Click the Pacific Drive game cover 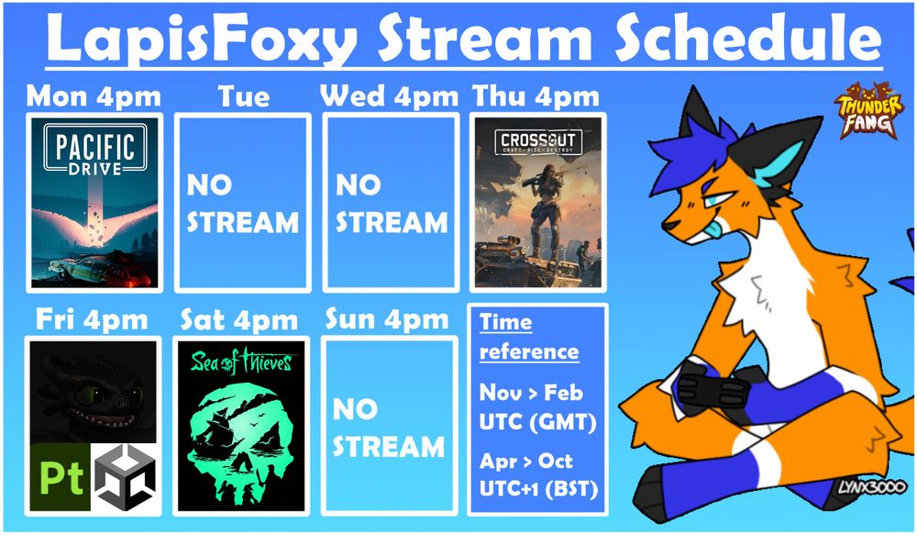click(94, 203)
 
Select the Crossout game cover click(538, 203)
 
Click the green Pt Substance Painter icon click(61, 476)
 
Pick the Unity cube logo click(125, 476)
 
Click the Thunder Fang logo click(867, 111)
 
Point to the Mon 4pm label click(94, 96)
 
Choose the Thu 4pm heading click(536, 96)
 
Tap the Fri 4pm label click(92, 319)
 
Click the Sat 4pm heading click(239, 319)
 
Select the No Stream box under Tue click(243, 203)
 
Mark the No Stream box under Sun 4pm click(389, 426)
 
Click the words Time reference click(529, 337)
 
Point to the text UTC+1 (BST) click(538, 489)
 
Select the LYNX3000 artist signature click(871, 487)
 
